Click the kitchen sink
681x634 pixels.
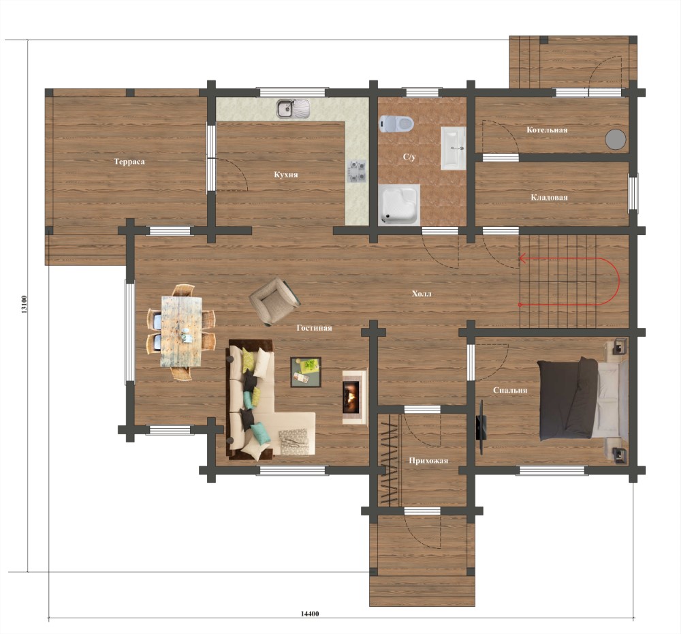click(x=294, y=108)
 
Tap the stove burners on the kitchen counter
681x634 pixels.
click(x=356, y=171)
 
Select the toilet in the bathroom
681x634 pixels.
click(x=396, y=123)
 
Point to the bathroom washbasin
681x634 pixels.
click(x=454, y=149)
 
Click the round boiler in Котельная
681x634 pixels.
click(x=616, y=139)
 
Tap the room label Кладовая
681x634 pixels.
click(x=549, y=198)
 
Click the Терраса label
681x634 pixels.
click(x=129, y=162)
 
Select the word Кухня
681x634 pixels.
click(x=286, y=175)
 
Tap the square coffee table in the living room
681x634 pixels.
click(x=306, y=372)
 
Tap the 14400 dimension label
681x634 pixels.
click(x=310, y=614)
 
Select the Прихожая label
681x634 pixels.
click(x=428, y=461)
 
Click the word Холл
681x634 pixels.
click(x=422, y=294)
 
